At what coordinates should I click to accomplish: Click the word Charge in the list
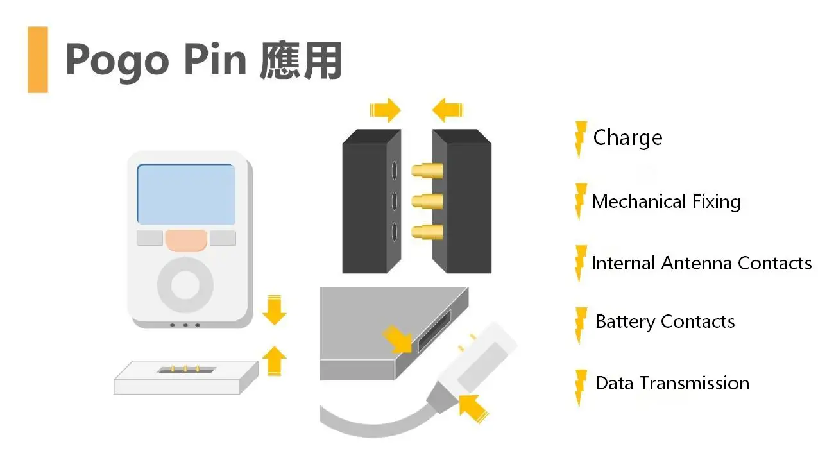coord(627,138)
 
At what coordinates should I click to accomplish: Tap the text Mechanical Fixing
coord(666,201)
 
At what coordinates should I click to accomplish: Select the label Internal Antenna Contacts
coord(701,263)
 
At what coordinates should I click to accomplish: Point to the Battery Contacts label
coord(665,321)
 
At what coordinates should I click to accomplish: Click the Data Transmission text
coord(672,383)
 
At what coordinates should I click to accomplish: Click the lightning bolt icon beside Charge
coord(580,139)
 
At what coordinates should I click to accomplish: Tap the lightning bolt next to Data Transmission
coord(581,386)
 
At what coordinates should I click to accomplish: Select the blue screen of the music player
coord(186,194)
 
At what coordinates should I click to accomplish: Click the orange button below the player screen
coord(186,239)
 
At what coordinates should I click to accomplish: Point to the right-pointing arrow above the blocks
coord(385,110)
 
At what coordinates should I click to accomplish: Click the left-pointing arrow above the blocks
coord(448,110)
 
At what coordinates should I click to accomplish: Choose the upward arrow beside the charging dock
coord(275,360)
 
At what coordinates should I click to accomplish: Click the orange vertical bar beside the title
coord(38,60)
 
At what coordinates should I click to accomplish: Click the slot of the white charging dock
coord(185,370)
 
